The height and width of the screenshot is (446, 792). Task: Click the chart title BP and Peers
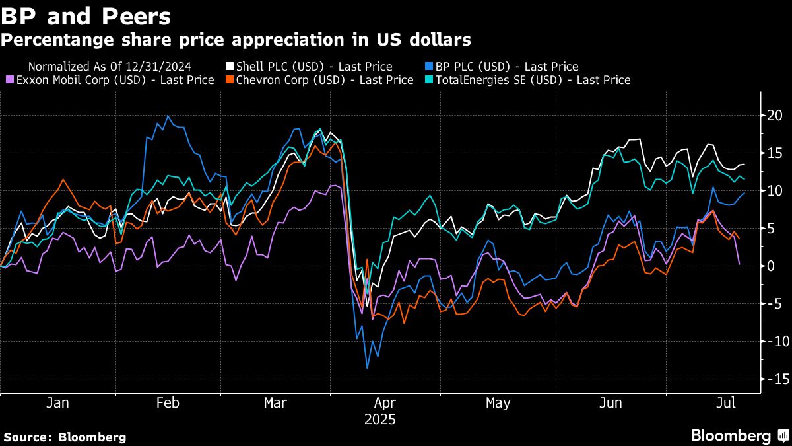86,16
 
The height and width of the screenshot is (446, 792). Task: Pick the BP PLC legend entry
505,67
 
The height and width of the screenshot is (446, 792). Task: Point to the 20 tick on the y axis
774,116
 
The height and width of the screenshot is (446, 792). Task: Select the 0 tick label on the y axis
772,266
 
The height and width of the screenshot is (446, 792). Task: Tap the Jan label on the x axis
58,403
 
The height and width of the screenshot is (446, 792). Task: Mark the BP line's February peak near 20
168,117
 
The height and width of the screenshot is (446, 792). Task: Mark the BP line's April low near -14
367,368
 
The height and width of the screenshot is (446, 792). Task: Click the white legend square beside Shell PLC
230,67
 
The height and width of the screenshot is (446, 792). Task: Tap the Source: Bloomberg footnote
64,437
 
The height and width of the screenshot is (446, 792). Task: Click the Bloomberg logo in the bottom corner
739,436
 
